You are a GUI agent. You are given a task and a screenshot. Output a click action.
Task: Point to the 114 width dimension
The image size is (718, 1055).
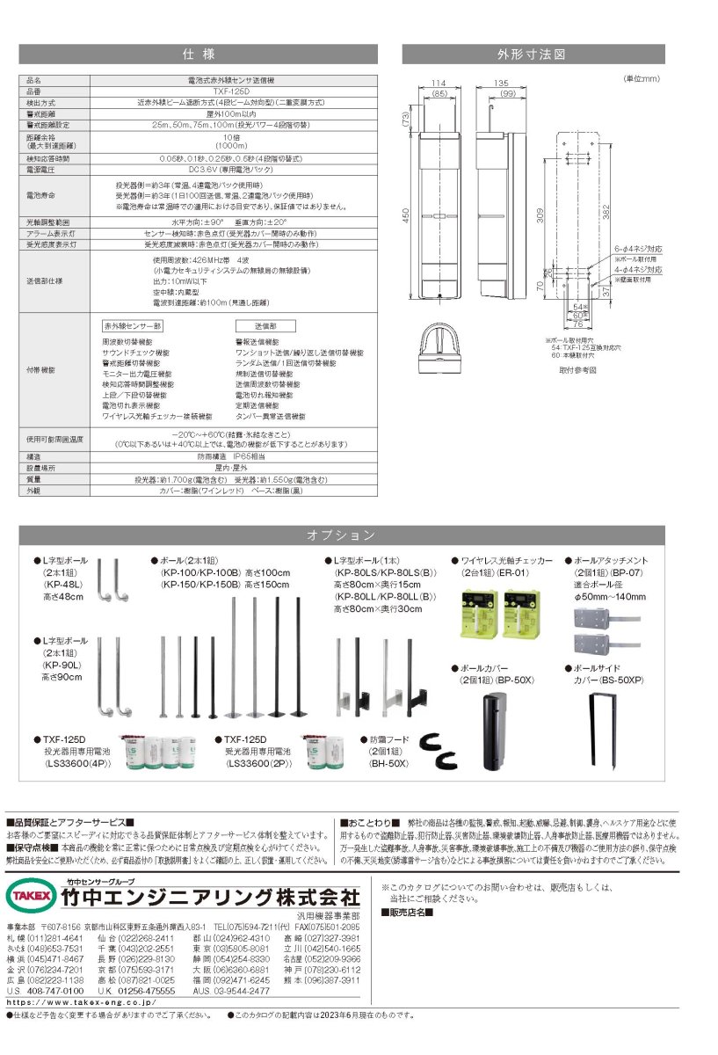tap(440, 84)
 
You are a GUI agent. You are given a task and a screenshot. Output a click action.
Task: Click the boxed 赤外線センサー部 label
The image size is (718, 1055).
tap(133, 325)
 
